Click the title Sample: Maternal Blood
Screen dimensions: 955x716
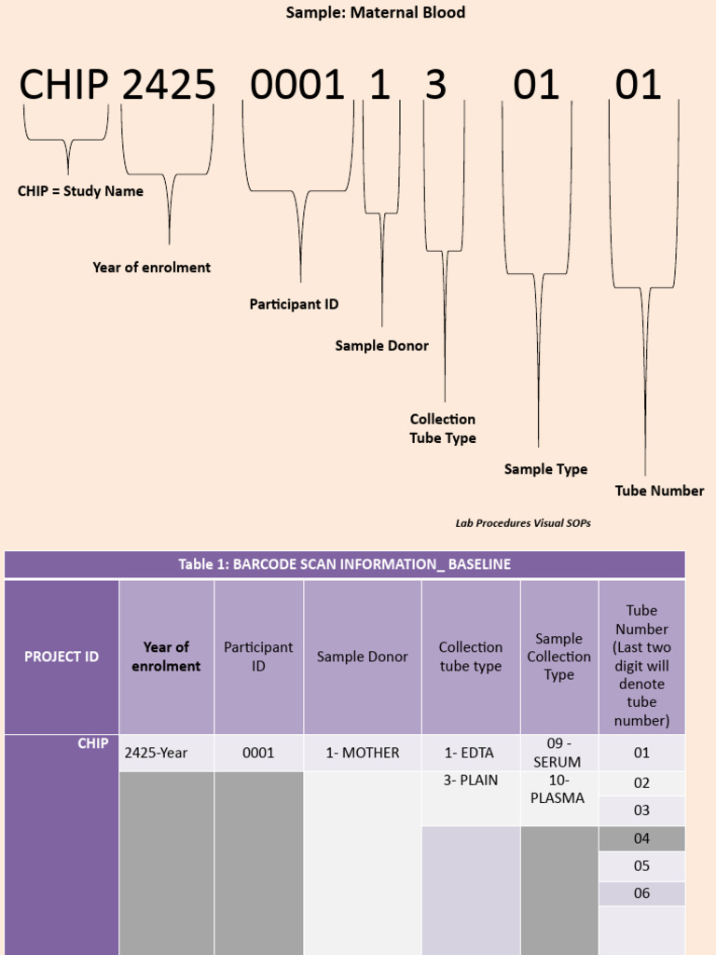click(375, 13)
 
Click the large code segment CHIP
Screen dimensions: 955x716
click(64, 86)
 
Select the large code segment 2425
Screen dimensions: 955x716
click(169, 86)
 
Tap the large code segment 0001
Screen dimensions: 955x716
click(297, 86)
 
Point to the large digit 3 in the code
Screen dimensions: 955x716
click(435, 86)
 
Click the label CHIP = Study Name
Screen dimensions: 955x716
click(80, 191)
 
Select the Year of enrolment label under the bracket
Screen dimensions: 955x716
click(151, 268)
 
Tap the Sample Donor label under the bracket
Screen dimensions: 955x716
click(381, 346)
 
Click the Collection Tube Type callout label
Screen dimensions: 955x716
click(443, 429)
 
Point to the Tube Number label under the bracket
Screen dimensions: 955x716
click(659, 491)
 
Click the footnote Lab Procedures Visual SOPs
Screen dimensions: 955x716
click(522, 523)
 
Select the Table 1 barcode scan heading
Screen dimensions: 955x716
click(344, 564)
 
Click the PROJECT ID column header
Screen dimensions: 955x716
click(62, 657)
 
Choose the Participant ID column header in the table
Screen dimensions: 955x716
click(258, 657)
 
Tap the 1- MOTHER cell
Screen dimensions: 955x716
click(362, 753)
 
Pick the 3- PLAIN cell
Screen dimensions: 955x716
click(471, 781)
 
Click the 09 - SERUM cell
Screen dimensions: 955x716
click(558, 753)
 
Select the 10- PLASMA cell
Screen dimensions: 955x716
click(558, 789)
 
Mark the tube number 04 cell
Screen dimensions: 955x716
click(641, 838)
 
